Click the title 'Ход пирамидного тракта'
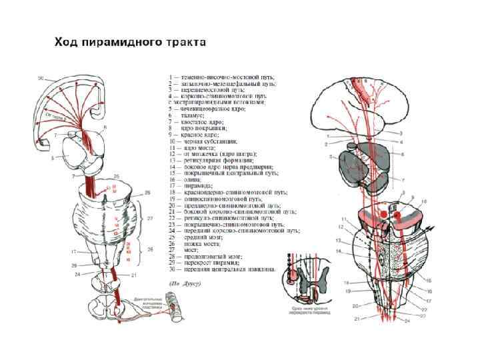pos(130,42)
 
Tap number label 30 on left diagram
pos(41,79)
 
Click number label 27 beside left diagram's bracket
pos(151,218)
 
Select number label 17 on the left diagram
pos(75,251)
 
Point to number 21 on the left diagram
pos(134,275)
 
